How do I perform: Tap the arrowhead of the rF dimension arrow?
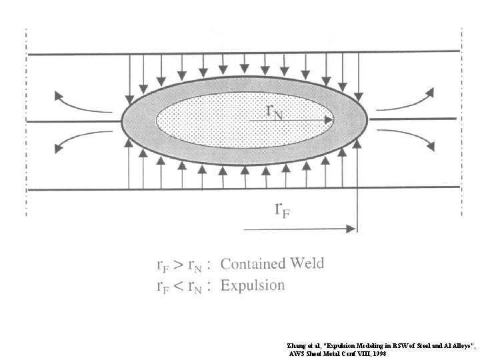[351, 229]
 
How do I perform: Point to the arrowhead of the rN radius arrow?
[328, 121]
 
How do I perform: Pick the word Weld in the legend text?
[308, 263]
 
